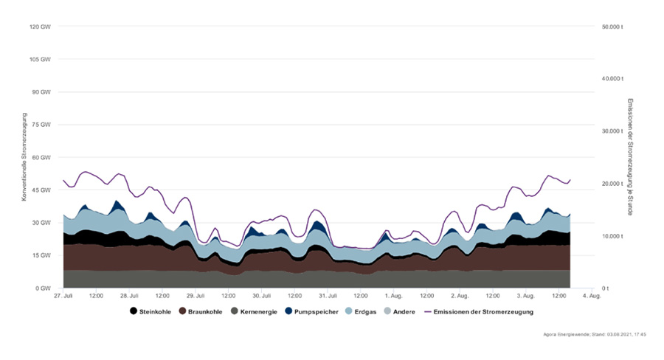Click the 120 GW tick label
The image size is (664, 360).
pos(41,27)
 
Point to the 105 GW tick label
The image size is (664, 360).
pos(41,59)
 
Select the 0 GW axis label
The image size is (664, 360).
pos(44,288)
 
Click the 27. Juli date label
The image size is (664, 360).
pos(63,296)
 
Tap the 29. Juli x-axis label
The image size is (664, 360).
pos(195,296)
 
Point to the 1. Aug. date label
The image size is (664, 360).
pos(393,296)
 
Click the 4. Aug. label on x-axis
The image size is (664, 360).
pos(592,296)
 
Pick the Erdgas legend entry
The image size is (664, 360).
pos(364,311)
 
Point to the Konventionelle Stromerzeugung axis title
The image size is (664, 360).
pos(24,156)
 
